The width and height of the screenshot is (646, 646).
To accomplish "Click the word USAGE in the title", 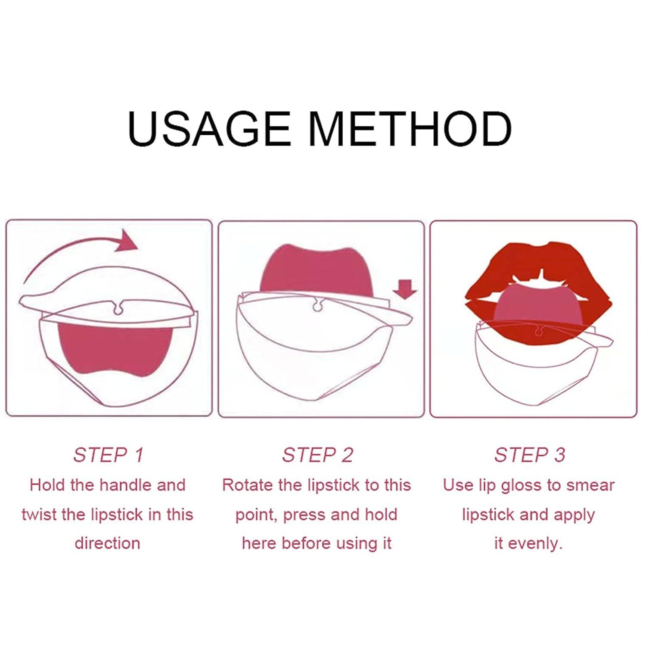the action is point(209,129).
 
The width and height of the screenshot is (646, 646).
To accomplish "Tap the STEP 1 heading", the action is point(108,455).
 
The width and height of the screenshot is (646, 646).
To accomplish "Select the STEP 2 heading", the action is point(318,455).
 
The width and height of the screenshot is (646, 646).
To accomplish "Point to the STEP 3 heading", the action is point(529,455).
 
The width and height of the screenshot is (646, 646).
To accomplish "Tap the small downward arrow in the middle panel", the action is point(405,289).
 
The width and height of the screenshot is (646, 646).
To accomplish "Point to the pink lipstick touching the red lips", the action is point(538,305).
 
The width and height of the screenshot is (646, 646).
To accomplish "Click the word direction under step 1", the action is point(108,544).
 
